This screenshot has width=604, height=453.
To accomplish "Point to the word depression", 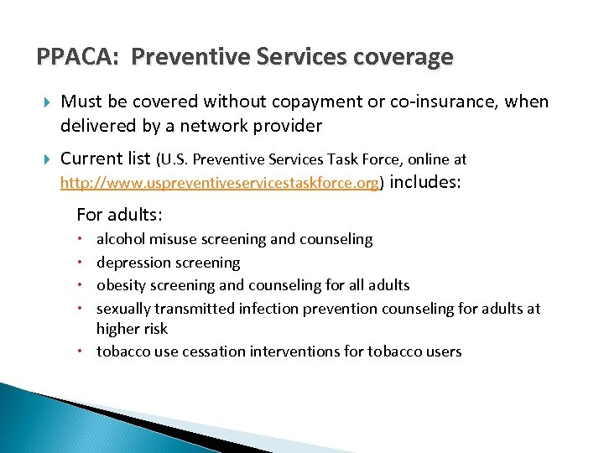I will point(133,263).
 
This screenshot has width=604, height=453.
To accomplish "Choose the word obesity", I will point(121,285).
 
